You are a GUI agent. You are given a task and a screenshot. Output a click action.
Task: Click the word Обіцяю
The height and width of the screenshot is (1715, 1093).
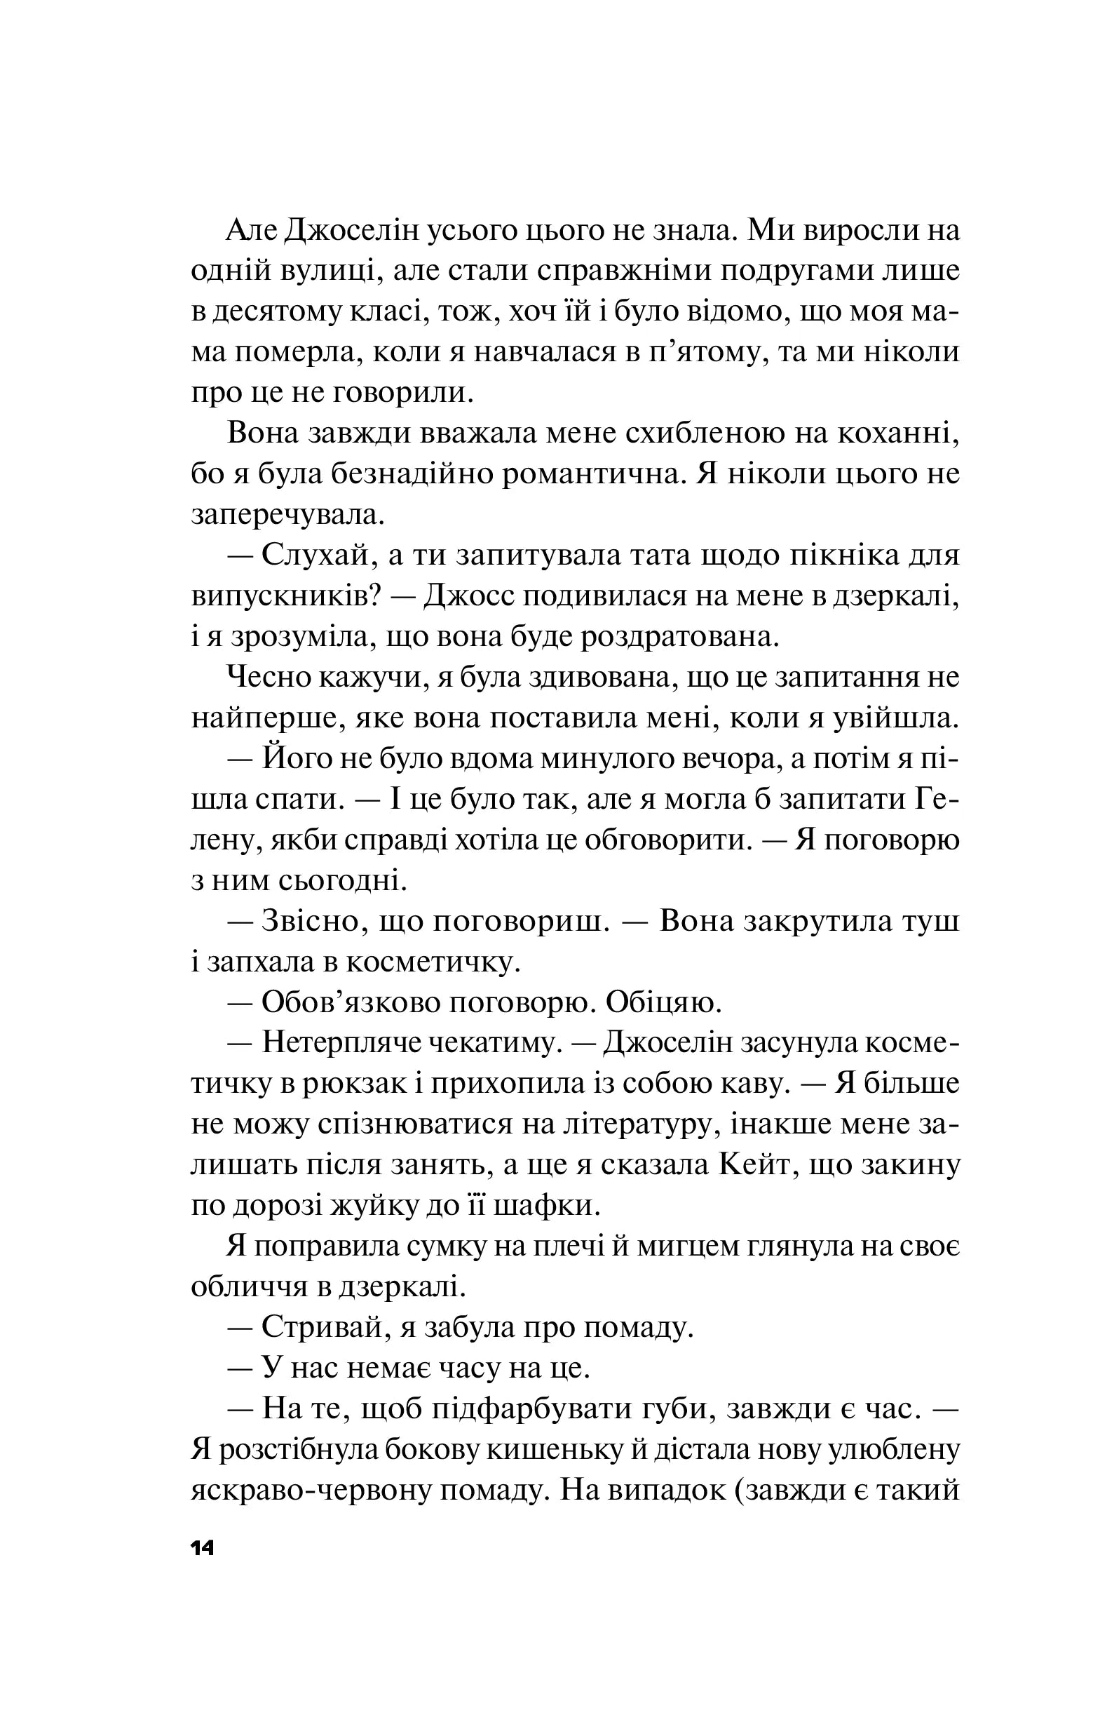(x=664, y=1002)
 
